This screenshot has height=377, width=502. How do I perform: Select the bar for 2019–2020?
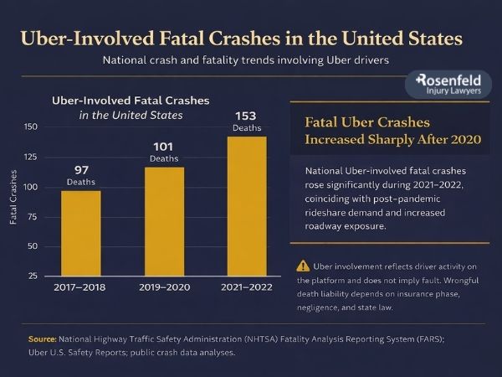pyautogui.click(x=163, y=221)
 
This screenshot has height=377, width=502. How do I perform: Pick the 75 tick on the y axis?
pyautogui.click(x=31, y=216)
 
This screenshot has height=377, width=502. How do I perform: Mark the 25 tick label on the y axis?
pyautogui.click(x=31, y=276)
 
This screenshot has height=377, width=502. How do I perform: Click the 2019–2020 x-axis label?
pyautogui.click(x=163, y=288)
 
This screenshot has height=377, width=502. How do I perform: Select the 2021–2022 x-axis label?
pyautogui.click(x=246, y=288)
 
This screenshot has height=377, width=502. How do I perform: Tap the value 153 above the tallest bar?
pyautogui.click(x=246, y=115)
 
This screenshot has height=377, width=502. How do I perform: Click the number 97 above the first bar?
pyautogui.click(x=80, y=170)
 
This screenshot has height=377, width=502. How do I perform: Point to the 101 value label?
pyautogui.click(x=163, y=146)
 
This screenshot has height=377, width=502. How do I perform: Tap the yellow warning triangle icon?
pyautogui.click(x=303, y=266)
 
